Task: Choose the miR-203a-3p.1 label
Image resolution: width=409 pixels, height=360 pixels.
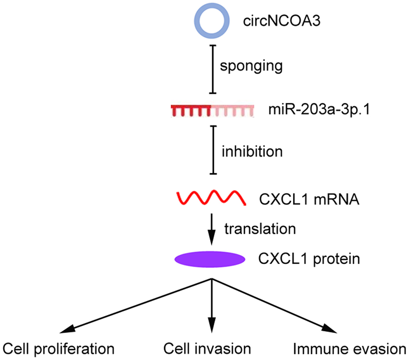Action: (x=311, y=111)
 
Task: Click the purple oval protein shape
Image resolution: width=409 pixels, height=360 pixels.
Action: (x=210, y=259)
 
